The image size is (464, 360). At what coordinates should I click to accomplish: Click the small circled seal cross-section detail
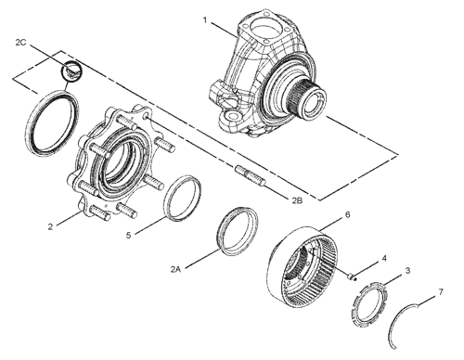pyautogui.click(x=71, y=70)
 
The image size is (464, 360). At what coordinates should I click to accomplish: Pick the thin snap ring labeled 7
pyautogui.click(x=408, y=320)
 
